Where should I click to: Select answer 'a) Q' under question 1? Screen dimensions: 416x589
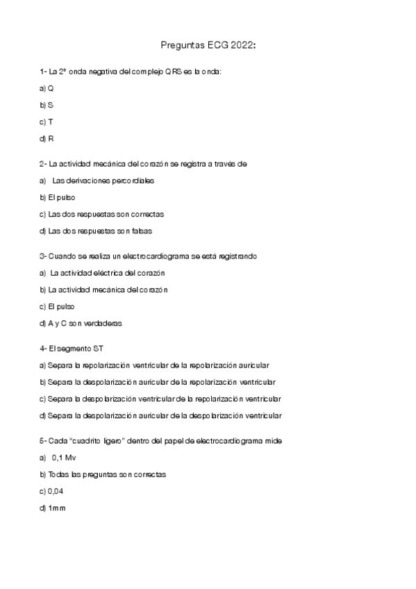47,88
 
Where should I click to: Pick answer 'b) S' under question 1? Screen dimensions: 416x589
47,105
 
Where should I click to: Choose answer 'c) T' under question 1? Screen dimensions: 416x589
47,122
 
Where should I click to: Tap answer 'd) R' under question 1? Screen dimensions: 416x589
47,138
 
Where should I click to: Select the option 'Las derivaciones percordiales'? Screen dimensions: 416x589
103,181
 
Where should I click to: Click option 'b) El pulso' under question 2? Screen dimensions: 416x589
58,197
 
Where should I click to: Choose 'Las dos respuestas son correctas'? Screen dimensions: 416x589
101,214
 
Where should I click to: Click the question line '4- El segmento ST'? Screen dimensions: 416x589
72,349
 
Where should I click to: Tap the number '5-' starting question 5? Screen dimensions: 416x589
43,441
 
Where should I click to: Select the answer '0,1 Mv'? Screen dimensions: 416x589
63,458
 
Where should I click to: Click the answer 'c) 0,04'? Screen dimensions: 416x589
53,491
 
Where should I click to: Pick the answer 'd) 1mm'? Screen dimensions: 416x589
52,508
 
